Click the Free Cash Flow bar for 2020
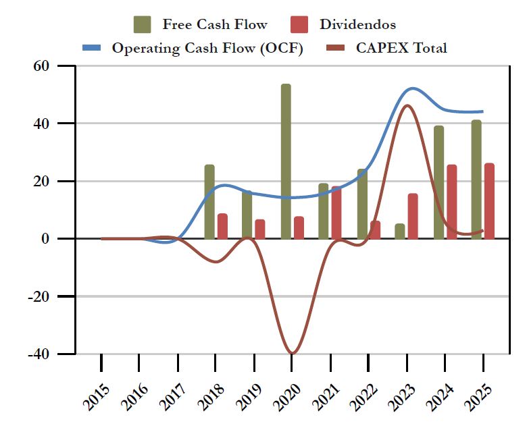[x=286, y=161]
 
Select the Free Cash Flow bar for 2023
[x=400, y=231]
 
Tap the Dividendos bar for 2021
[x=336, y=213]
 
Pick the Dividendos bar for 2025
[x=489, y=201]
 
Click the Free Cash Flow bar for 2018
[x=209, y=202]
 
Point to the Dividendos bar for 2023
[x=413, y=216]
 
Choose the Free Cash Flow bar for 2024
[x=438, y=182]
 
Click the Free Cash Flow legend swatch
[x=143, y=24]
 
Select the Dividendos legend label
[x=357, y=25]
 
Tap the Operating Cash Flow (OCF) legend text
[x=207, y=48]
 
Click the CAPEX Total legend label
[x=401, y=48]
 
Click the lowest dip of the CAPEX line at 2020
[x=292, y=353]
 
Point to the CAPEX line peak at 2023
[x=407, y=105]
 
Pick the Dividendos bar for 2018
[x=222, y=226]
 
